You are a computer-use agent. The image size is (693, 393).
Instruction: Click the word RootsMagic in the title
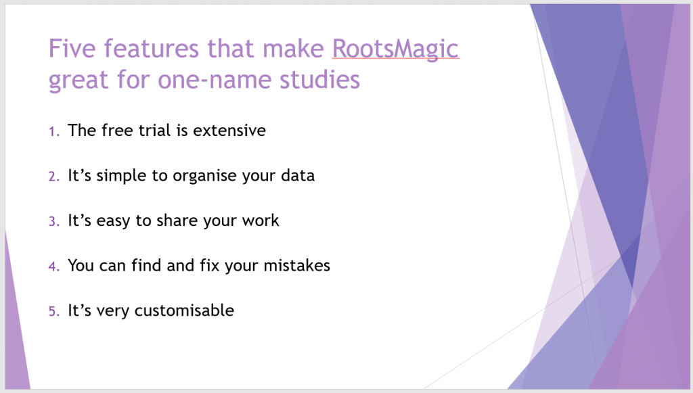pos(395,49)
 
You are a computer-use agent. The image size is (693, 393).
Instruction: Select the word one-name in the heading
pos(215,80)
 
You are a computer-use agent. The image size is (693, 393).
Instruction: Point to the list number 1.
pos(54,131)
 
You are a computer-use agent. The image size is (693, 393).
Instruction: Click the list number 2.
pos(54,176)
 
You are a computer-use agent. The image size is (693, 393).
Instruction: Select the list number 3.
pos(54,221)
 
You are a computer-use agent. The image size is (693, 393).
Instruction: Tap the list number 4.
pos(54,267)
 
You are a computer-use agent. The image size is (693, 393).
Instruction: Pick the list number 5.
pos(54,311)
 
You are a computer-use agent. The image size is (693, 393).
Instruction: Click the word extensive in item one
pos(229,131)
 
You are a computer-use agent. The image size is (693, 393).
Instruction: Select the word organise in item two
pos(204,176)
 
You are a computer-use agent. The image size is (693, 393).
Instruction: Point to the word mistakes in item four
pos(296,265)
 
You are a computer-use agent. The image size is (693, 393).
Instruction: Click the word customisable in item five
pos(184,310)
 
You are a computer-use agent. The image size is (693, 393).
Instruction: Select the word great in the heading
pos(79,80)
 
